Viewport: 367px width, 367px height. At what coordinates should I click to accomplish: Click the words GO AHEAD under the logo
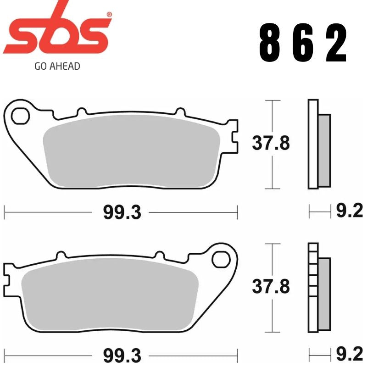(57, 66)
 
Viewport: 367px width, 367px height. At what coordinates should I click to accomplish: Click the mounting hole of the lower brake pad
(221, 260)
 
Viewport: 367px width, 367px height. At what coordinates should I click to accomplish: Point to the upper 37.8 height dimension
(271, 144)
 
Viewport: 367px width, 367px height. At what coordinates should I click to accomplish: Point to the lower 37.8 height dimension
(271, 288)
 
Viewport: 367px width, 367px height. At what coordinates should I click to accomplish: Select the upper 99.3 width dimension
(121, 212)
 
